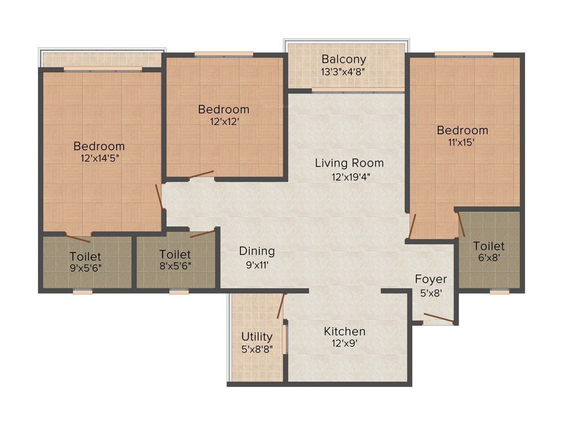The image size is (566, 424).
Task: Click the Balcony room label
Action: pyautogui.click(x=344, y=59)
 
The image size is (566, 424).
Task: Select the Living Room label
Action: pyautogui.click(x=349, y=163)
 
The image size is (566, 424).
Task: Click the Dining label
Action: pyautogui.click(x=257, y=251)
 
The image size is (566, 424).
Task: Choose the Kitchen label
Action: pyautogui.click(x=344, y=331)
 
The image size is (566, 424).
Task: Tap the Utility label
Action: pyautogui.click(x=257, y=336)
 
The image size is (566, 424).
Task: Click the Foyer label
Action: pyautogui.click(x=431, y=279)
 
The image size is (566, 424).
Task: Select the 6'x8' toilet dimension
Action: pyautogui.click(x=489, y=257)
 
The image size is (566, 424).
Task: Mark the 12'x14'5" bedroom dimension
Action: pyautogui.click(x=99, y=157)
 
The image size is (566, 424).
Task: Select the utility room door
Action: pyautogui.click(x=281, y=306)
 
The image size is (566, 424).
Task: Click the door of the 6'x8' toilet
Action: pyautogui.click(x=461, y=223)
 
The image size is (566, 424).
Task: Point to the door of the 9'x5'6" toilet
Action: pyautogui.click(x=77, y=239)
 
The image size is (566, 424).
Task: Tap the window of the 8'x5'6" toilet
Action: pyautogui.click(x=179, y=291)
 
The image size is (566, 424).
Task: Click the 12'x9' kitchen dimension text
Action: pyautogui.click(x=344, y=343)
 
